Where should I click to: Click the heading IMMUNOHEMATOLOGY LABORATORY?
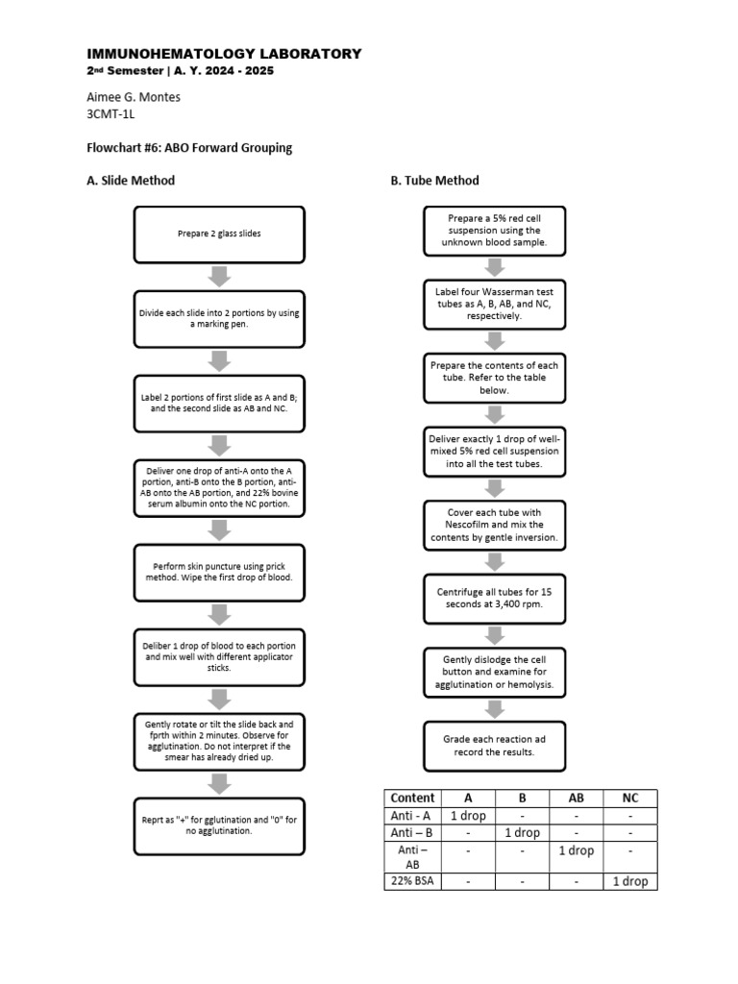(x=224, y=54)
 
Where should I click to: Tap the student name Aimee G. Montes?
(x=134, y=96)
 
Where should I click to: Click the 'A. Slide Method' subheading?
(x=131, y=181)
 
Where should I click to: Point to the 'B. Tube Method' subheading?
(x=434, y=181)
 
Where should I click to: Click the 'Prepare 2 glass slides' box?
(x=219, y=234)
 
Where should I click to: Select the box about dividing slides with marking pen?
(x=219, y=319)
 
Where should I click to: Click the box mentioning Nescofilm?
(x=495, y=526)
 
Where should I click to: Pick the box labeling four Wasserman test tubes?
(x=495, y=304)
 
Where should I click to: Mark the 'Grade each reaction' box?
(x=495, y=746)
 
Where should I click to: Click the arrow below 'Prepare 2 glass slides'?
(x=219, y=277)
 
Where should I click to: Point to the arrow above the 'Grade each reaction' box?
(x=495, y=709)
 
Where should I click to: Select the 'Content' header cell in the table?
(x=412, y=798)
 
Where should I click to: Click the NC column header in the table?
(x=630, y=798)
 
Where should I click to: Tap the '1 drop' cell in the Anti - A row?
(x=468, y=816)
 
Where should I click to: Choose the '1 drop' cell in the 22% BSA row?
(x=630, y=881)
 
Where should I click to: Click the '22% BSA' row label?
(x=412, y=881)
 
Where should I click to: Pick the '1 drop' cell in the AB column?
(x=577, y=850)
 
